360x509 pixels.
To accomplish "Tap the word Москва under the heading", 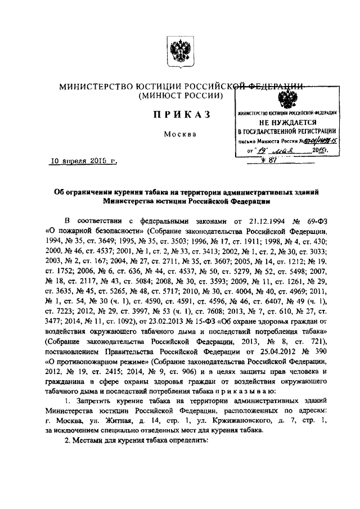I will tap(180, 134).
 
